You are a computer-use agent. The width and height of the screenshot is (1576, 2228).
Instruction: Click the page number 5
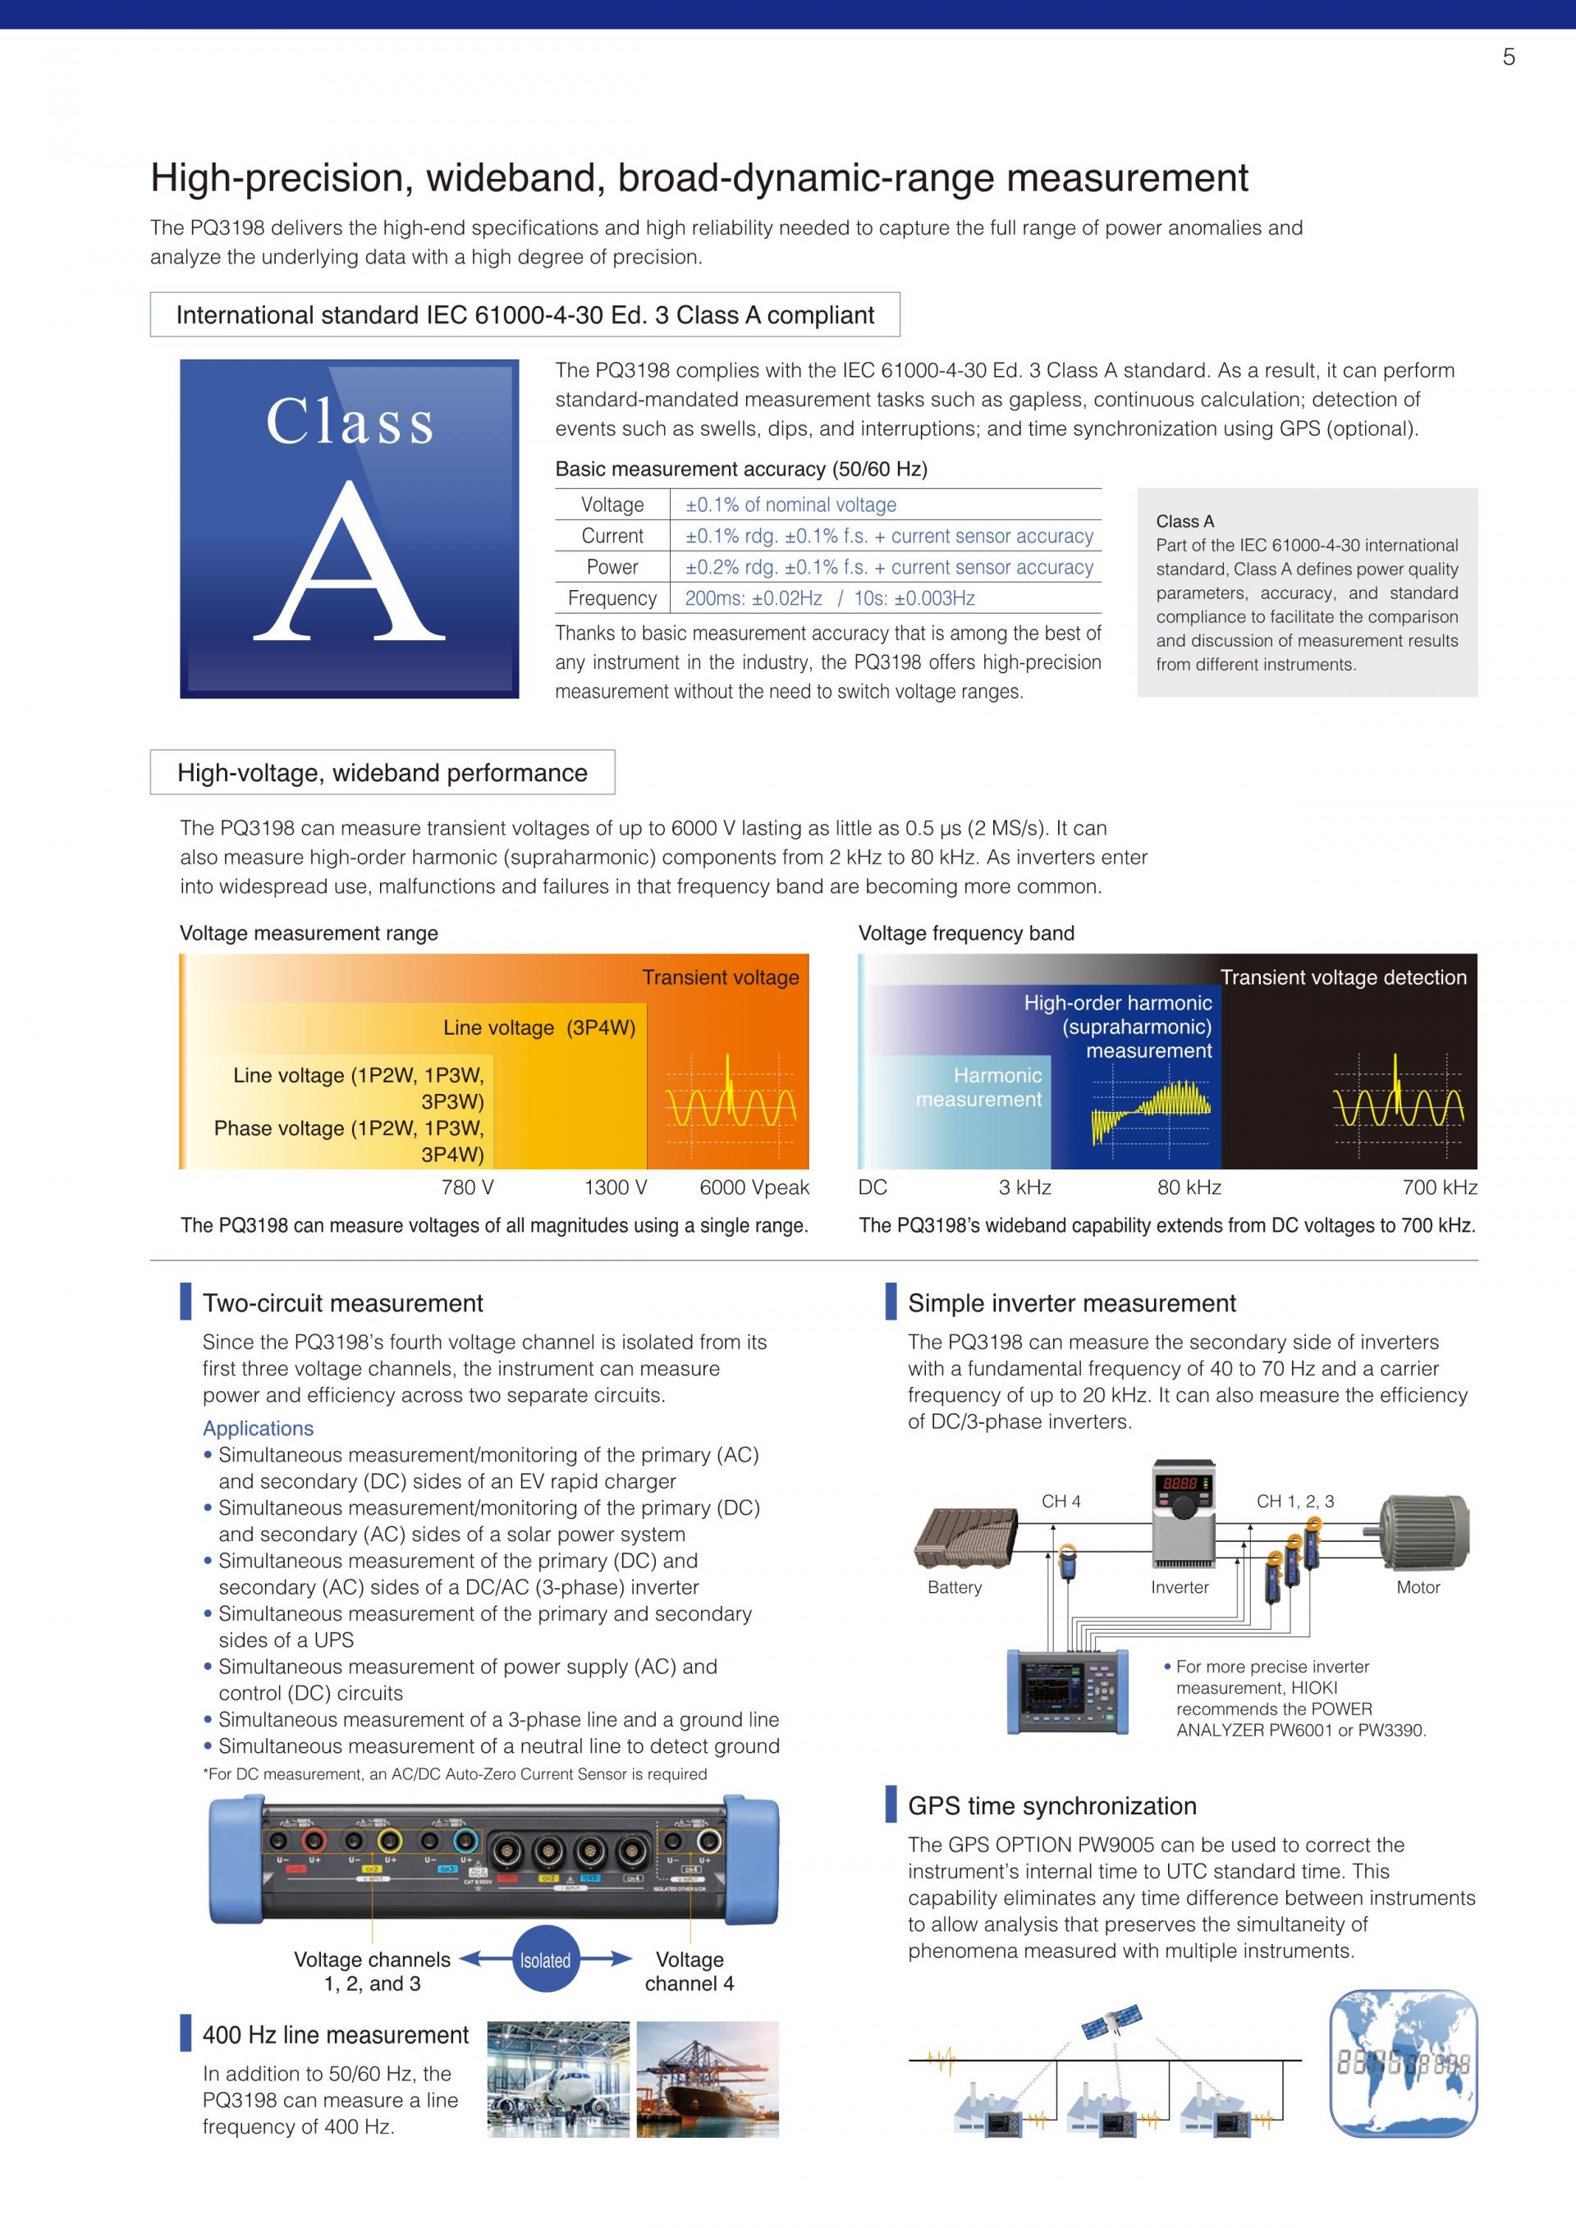[x=1508, y=57]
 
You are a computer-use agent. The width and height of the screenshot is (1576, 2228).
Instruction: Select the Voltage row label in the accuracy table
[x=612, y=505]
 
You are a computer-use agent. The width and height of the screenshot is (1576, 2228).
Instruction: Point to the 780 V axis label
[x=468, y=1187]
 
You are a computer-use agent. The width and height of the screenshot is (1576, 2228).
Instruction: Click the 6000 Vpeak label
[x=754, y=1187]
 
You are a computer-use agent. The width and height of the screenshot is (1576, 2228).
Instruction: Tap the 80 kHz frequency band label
[x=1189, y=1187]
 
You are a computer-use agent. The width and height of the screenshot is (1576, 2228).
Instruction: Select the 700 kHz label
[x=1439, y=1187]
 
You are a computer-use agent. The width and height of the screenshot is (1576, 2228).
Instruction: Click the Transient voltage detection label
[x=1343, y=978]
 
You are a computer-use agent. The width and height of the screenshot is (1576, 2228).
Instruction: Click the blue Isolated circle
[x=545, y=1961]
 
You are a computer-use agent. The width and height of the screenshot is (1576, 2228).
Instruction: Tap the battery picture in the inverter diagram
[x=964, y=1537]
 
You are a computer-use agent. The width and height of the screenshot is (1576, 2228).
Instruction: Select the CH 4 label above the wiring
[x=1061, y=1502]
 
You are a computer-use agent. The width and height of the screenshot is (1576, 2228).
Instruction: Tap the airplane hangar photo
[x=558, y=2079]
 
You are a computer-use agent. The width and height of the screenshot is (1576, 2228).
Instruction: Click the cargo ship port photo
[x=708, y=2079]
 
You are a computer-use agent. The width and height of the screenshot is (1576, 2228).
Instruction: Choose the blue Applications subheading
[x=258, y=1429]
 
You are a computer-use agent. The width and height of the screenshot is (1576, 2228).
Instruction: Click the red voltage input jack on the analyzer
[x=314, y=1841]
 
